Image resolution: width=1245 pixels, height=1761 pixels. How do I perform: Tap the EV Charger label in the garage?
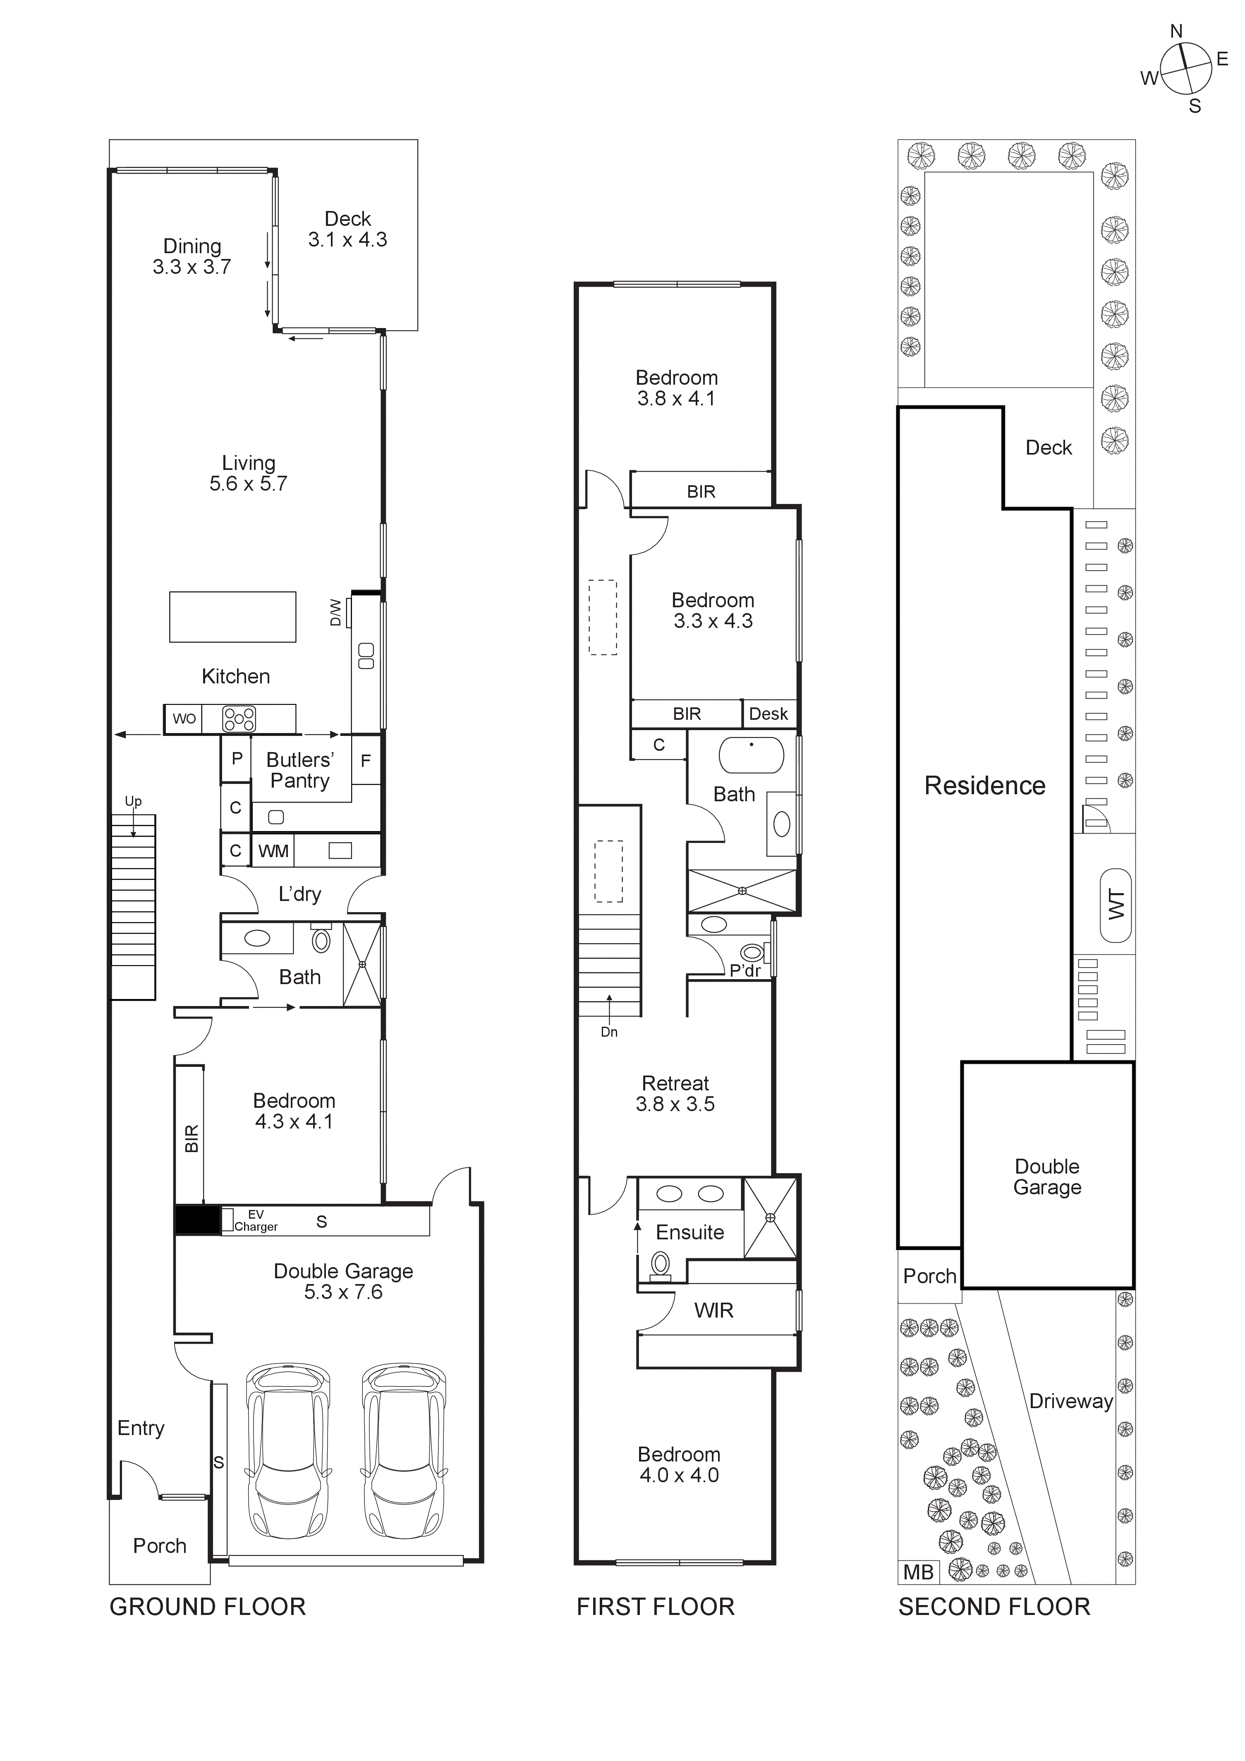(256, 1220)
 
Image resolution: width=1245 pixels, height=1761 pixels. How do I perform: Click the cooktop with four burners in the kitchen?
(239, 719)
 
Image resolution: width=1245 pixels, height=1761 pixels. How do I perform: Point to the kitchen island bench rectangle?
(232, 617)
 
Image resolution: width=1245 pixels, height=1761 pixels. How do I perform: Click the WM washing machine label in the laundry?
(273, 851)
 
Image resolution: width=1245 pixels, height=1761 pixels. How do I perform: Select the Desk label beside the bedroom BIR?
(768, 714)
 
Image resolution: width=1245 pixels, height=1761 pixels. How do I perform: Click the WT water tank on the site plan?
(1116, 905)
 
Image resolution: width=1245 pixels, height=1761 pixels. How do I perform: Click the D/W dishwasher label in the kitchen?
(335, 612)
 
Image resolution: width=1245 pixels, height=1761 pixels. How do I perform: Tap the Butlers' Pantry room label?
(299, 770)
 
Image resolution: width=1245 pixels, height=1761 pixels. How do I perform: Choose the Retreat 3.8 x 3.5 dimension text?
(675, 1104)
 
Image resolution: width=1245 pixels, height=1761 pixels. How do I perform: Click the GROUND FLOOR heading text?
(208, 1607)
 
